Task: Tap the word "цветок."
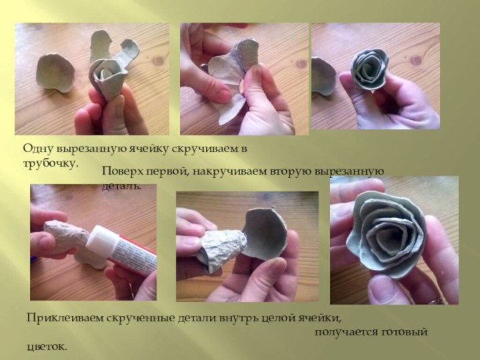(x=47, y=347)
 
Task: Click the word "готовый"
(x=404, y=331)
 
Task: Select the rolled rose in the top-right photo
(x=375, y=66)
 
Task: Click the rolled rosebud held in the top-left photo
(x=107, y=74)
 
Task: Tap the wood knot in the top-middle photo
(x=301, y=63)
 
